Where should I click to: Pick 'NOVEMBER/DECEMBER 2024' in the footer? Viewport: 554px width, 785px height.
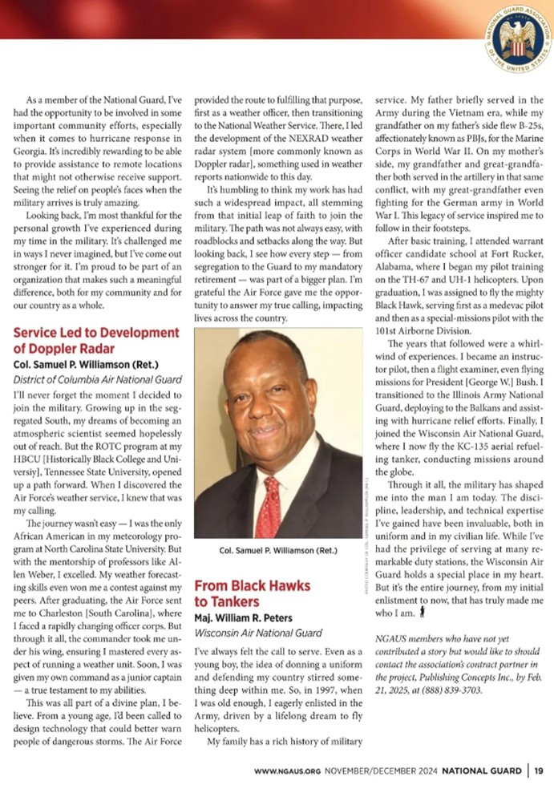tap(380, 771)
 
